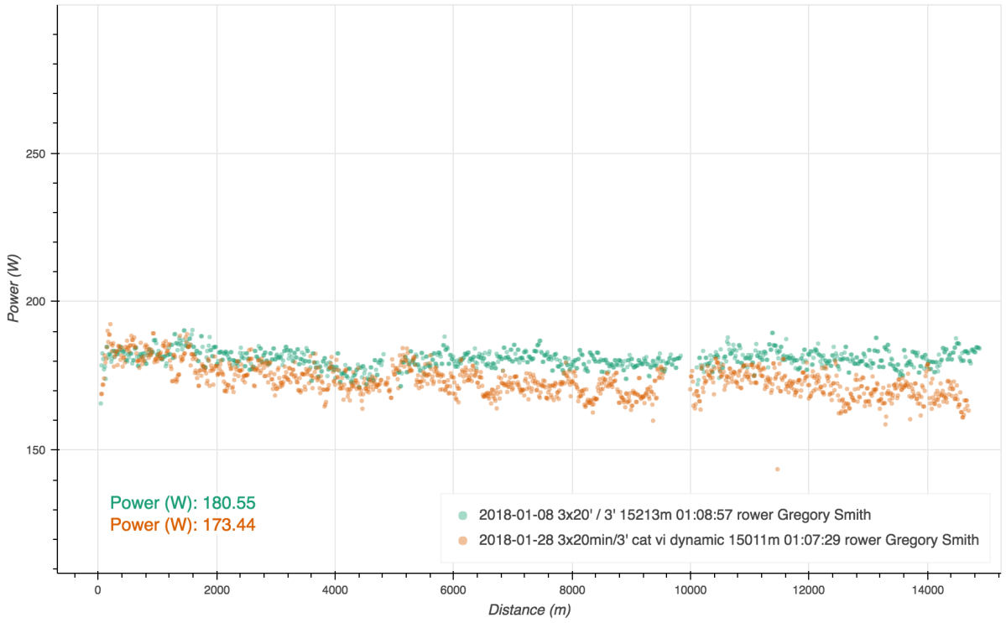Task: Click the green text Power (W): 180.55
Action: click(x=183, y=503)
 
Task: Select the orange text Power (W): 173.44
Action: click(x=183, y=525)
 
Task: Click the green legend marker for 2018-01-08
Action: click(x=463, y=514)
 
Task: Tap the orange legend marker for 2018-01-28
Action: click(x=463, y=539)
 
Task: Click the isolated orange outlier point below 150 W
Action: click(x=777, y=470)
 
